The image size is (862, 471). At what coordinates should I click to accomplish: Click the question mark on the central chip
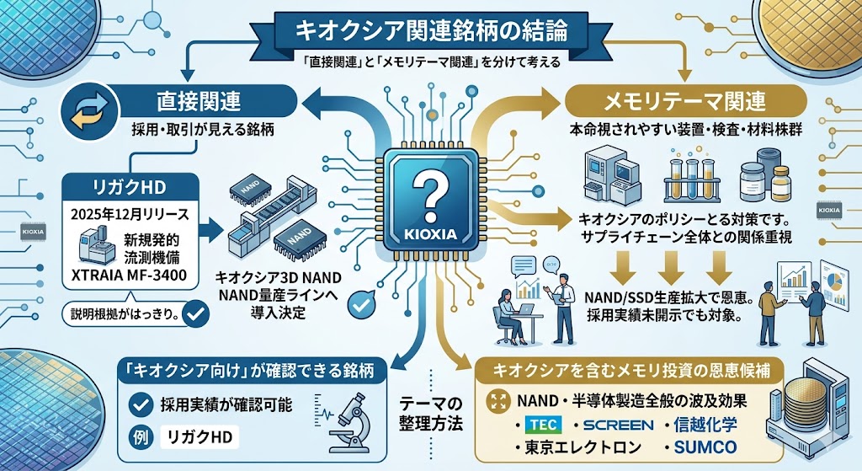click(x=430, y=195)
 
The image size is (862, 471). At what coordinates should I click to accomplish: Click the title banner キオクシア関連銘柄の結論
click(x=430, y=30)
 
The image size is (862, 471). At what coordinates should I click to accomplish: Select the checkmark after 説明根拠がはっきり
click(x=195, y=314)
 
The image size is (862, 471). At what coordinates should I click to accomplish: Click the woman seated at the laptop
click(x=509, y=306)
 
